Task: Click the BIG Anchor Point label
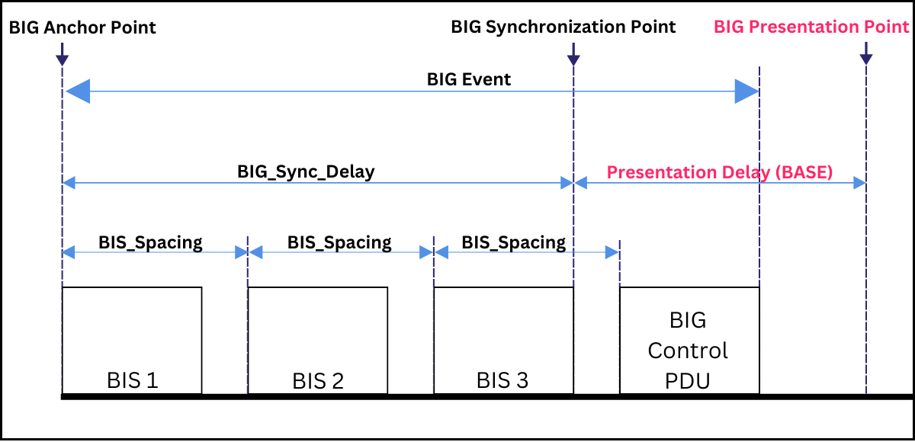tap(82, 28)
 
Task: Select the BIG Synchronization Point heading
tap(563, 27)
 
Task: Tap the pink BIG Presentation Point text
tap(811, 27)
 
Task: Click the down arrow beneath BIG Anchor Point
tap(62, 54)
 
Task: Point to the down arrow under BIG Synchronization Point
tap(573, 54)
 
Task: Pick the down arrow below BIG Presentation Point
tap(866, 54)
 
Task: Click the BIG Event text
tap(468, 79)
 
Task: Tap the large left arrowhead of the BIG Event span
tap(79, 92)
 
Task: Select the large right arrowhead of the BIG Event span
tap(746, 92)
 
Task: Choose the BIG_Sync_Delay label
tap(306, 171)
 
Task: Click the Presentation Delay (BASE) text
tap(719, 172)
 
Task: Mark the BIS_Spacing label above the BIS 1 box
tap(150, 242)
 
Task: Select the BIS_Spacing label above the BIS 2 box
tap(339, 242)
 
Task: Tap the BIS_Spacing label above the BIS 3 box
tap(513, 242)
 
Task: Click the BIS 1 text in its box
tap(132, 380)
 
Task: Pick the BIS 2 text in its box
tap(318, 380)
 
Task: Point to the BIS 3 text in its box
tap(503, 380)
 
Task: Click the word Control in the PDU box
tap(688, 351)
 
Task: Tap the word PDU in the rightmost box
tap(688, 380)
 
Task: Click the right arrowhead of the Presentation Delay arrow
tap(860, 183)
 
